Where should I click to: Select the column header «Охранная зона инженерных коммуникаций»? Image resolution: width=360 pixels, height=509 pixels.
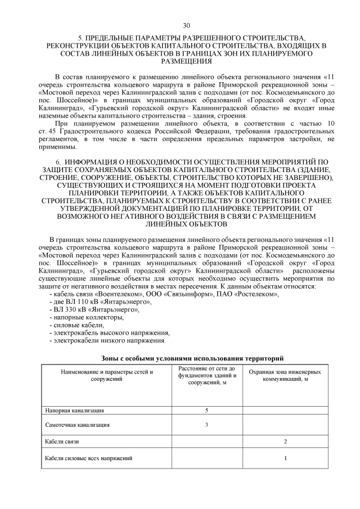click(x=285, y=376)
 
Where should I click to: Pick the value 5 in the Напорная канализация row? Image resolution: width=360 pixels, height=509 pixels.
click(x=206, y=411)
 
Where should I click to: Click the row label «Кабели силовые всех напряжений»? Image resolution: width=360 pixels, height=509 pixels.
click(x=89, y=458)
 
